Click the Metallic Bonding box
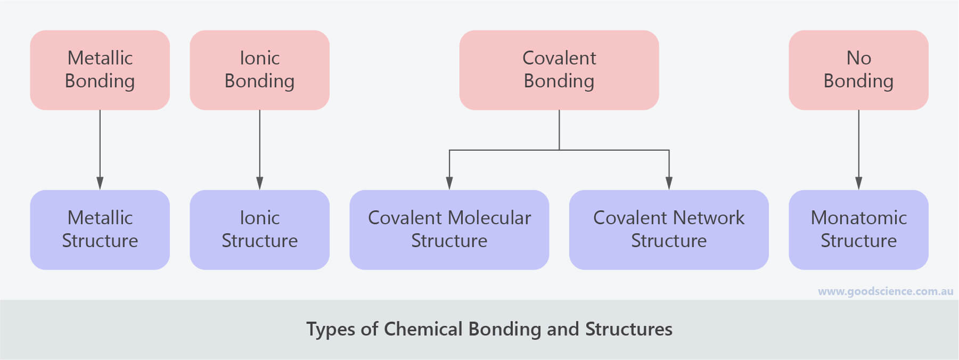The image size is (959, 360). point(100,70)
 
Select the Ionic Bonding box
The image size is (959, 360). point(260,70)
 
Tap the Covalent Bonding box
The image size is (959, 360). point(559,70)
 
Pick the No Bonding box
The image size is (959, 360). point(858,70)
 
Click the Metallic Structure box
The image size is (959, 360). point(100,230)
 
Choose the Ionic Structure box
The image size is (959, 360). point(260,230)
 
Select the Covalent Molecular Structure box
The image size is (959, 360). point(449,230)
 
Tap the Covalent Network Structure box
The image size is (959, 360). point(669,230)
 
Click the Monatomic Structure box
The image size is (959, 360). point(858,230)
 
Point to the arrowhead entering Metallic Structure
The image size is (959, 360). point(100,183)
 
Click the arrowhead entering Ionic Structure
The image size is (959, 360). point(260,183)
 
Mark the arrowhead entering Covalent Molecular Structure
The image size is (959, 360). point(449,183)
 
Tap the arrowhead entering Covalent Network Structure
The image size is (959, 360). point(669,183)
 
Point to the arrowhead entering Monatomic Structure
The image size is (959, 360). point(858,183)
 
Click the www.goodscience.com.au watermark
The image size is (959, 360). point(886,291)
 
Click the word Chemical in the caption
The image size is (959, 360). point(423,329)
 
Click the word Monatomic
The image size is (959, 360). point(858,217)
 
